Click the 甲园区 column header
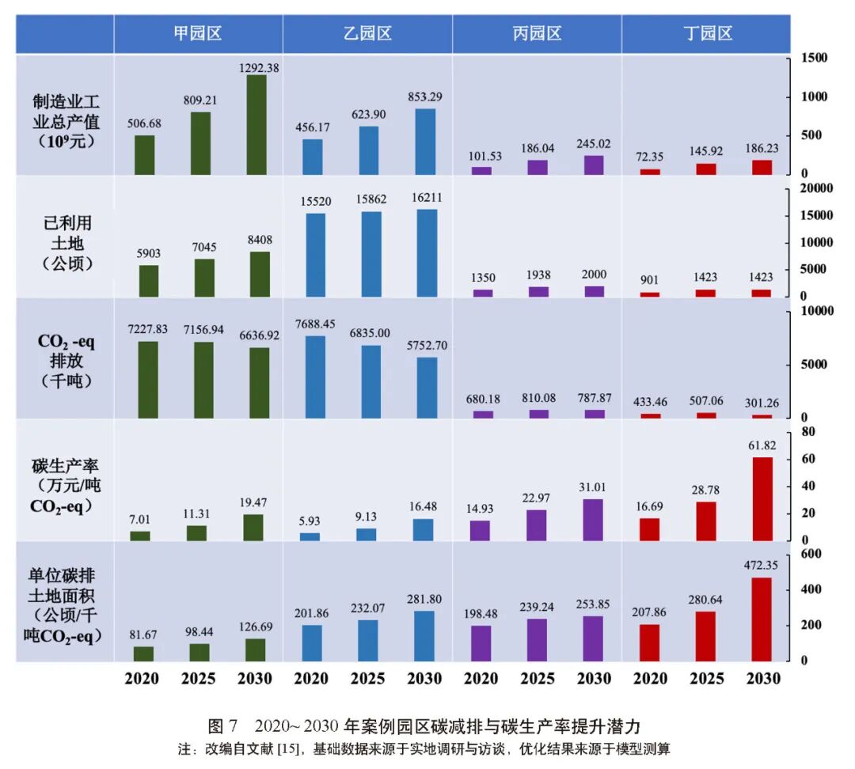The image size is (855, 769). (198, 33)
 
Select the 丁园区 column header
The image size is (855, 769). (707, 33)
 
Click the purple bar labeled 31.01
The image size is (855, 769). (594, 520)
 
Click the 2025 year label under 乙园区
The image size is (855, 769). (367, 679)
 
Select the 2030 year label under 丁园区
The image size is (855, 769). (763, 679)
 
